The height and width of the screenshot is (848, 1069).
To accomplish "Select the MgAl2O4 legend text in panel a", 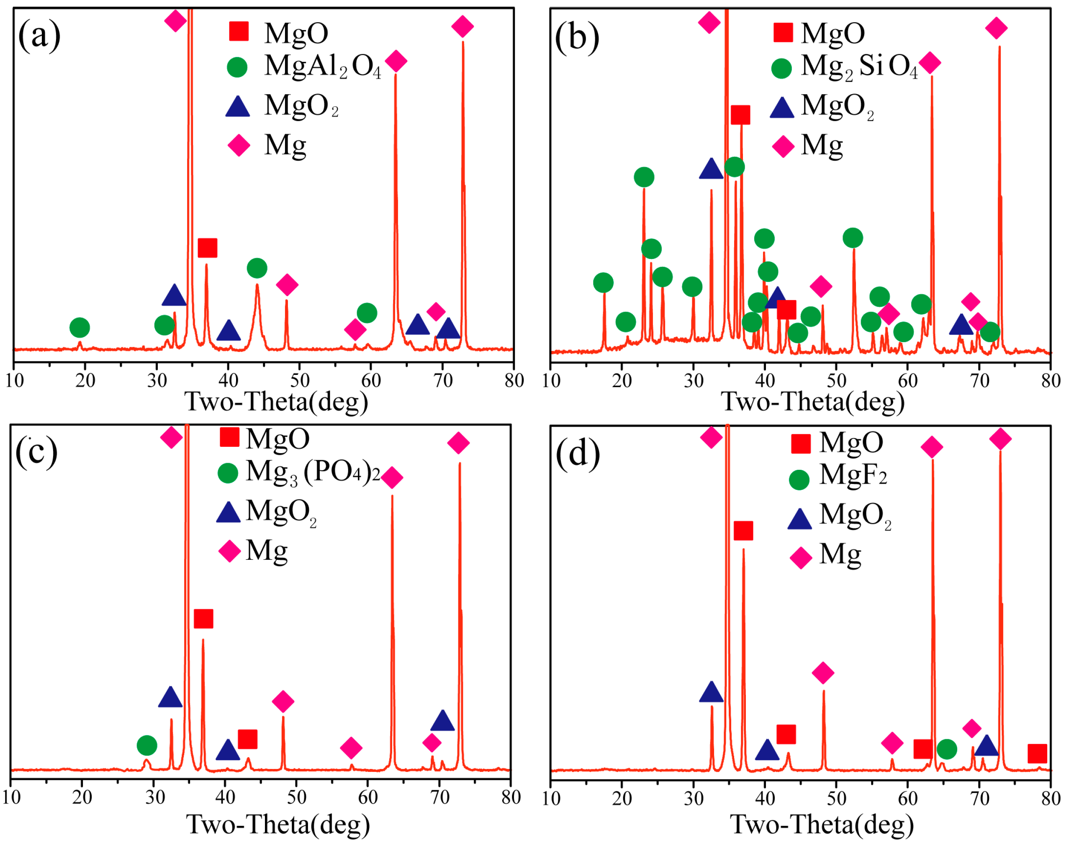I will (323, 66).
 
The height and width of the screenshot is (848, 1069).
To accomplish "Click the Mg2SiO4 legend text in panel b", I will (859, 66).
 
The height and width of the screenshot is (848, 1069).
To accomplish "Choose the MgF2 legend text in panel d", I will (853, 475).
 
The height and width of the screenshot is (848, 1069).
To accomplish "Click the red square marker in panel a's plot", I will (207, 248).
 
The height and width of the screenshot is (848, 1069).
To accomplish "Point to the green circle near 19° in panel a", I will (80, 327).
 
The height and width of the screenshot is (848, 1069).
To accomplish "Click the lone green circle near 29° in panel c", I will (147, 745).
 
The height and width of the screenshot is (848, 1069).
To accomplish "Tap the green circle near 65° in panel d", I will (946, 749).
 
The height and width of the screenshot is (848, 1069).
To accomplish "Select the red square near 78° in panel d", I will (1037, 753).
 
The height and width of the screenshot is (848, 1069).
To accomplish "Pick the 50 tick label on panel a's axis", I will (299, 381).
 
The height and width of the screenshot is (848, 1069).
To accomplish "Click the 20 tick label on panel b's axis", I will (622, 381).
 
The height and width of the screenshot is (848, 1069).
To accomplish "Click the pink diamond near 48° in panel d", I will (823, 673).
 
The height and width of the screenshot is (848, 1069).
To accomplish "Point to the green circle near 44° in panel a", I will (257, 268).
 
